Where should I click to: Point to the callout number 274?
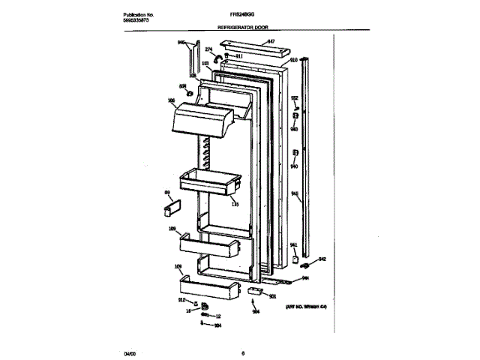208,50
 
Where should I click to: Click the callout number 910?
294,59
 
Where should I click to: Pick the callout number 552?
295,98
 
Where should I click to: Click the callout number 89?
168,193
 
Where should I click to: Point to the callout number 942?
322,259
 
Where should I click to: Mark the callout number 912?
181,299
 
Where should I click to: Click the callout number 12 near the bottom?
218,316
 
